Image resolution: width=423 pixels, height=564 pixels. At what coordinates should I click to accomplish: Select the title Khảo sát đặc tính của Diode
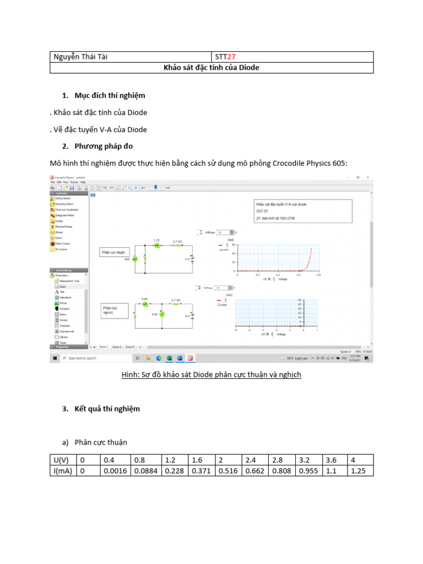coord(211,68)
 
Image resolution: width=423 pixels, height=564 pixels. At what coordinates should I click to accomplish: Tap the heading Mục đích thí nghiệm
coord(110,96)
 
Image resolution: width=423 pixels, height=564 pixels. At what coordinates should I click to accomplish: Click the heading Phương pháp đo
coord(105,146)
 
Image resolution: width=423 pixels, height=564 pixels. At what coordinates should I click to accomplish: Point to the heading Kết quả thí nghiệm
coord(108,409)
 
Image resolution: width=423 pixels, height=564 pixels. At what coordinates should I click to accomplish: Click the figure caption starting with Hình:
coord(211,376)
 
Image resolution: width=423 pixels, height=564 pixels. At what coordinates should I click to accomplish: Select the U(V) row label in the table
coord(62,460)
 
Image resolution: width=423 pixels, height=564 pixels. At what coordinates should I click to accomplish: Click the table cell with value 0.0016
coord(114,471)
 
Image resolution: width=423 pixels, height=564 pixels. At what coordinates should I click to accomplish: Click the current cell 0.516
coord(228,471)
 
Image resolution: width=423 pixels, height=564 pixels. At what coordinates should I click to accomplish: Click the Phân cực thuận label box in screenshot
coord(113,252)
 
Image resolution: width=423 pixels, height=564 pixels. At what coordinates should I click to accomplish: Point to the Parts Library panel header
coord(67,270)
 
